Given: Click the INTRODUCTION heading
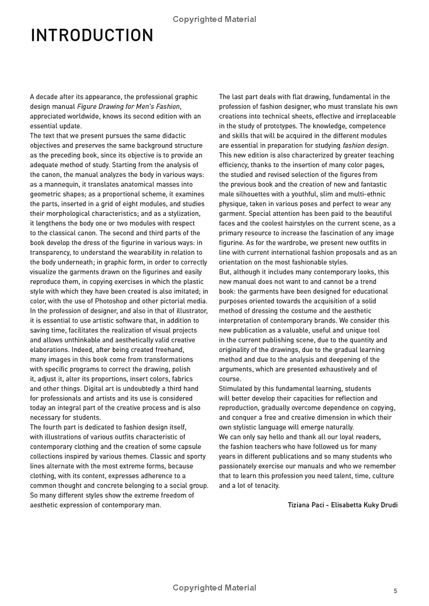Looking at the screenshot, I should (92, 36).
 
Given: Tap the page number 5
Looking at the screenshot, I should (395, 591).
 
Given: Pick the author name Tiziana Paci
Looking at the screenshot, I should (306, 505).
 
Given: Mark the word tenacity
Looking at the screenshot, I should (265, 485).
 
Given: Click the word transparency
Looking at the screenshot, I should (51, 252).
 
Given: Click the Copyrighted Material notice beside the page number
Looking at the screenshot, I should (214, 588).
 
